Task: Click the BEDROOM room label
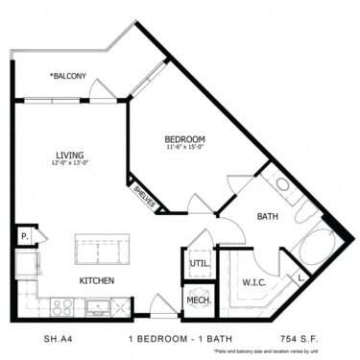182,137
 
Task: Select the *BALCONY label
68,76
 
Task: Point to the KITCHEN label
97,280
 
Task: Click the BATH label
267,217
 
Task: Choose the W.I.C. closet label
254,281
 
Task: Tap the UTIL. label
199,261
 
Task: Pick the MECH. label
198,300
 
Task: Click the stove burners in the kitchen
62,307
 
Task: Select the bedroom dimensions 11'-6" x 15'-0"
182,147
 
